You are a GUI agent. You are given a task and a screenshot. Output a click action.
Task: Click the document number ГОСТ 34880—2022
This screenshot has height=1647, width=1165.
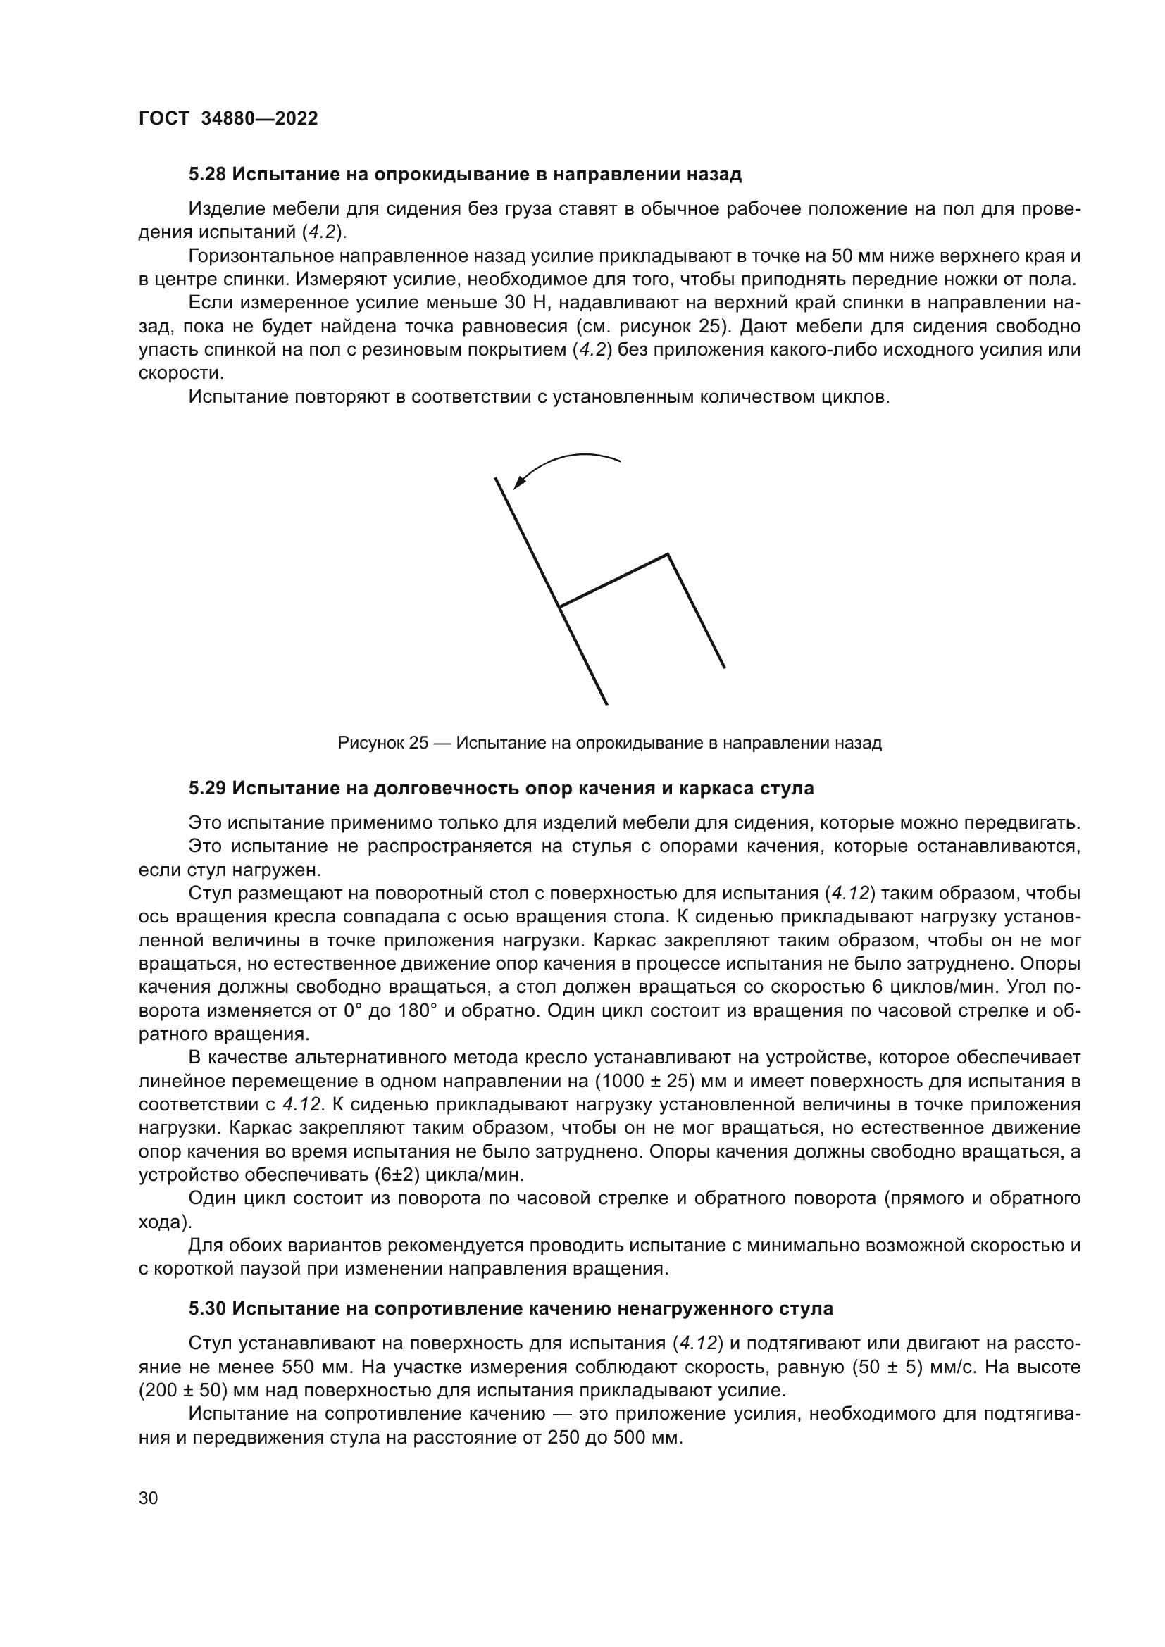tap(228, 119)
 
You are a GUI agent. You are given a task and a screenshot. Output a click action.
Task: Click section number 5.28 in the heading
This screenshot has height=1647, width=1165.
tap(207, 175)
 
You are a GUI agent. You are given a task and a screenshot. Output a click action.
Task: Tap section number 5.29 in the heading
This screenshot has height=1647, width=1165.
tap(207, 789)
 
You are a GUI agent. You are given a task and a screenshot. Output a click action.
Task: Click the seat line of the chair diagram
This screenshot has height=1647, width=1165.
tap(614, 580)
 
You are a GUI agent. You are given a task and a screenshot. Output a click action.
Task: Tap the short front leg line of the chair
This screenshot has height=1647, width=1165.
tap(696, 611)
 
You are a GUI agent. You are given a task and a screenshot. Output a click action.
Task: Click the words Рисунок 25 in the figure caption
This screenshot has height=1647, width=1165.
tap(383, 743)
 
